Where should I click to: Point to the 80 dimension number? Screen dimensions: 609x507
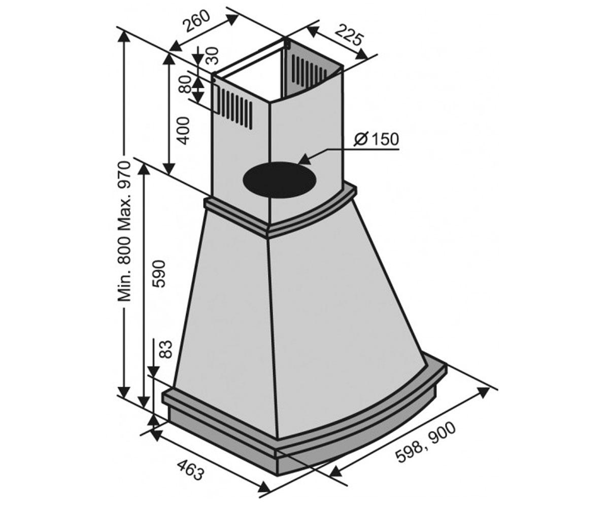coord(186,84)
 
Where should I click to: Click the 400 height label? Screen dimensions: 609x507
coord(183,130)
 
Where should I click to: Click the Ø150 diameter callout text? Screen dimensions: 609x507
coord(376,139)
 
